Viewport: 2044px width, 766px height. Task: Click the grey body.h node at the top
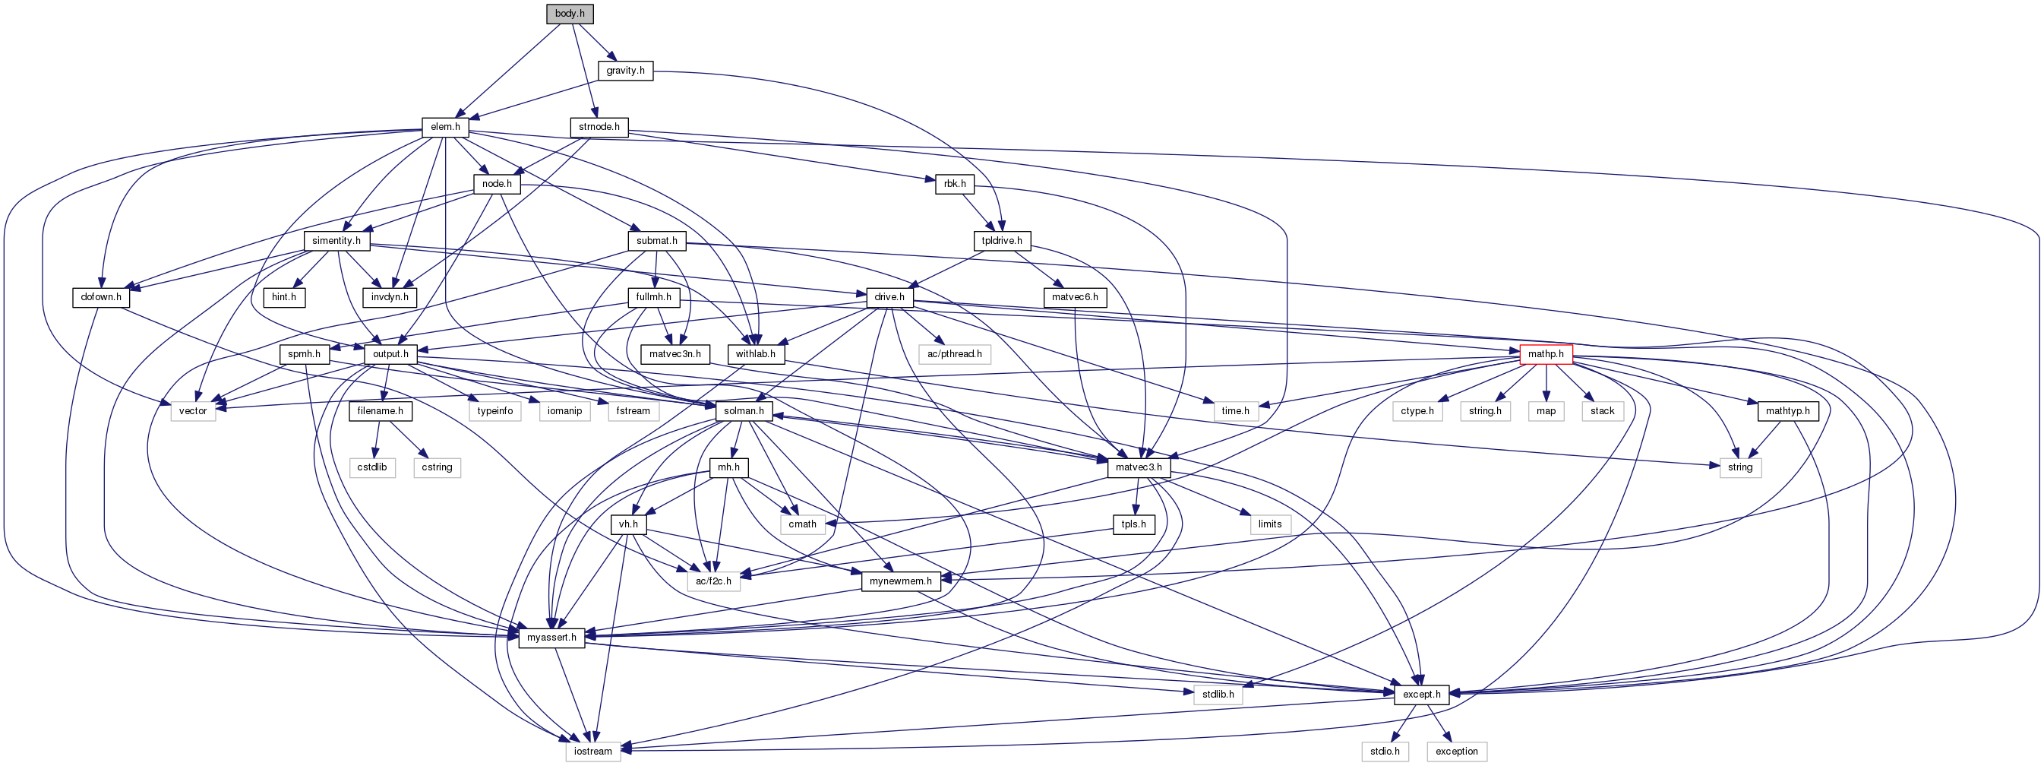(x=570, y=14)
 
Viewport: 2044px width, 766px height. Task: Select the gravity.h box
(x=625, y=71)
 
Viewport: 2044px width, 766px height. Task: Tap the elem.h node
(x=445, y=127)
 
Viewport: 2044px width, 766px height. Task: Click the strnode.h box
(x=599, y=127)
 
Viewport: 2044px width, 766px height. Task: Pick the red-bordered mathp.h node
(x=1546, y=354)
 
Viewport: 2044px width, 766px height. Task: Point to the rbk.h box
(x=955, y=184)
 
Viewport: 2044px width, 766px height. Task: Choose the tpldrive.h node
(x=1001, y=241)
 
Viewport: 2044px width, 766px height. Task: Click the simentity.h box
(x=336, y=241)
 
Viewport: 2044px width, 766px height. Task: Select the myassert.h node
(x=551, y=638)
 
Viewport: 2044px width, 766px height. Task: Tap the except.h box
(x=1421, y=695)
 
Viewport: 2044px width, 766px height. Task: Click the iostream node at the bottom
(x=593, y=751)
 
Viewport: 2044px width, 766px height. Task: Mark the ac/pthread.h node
(x=955, y=354)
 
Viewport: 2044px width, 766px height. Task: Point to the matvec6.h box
(x=1075, y=298)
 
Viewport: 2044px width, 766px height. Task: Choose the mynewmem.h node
(x=901, y=581)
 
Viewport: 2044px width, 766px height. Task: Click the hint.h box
(x=284, y=298)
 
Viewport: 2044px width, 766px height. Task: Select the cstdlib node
(x=372, y=467)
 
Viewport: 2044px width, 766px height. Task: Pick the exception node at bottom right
(x=1457, y=751)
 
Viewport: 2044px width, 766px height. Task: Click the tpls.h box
(x=1134, y=524)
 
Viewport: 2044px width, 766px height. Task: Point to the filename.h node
(x=380, y=411)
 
